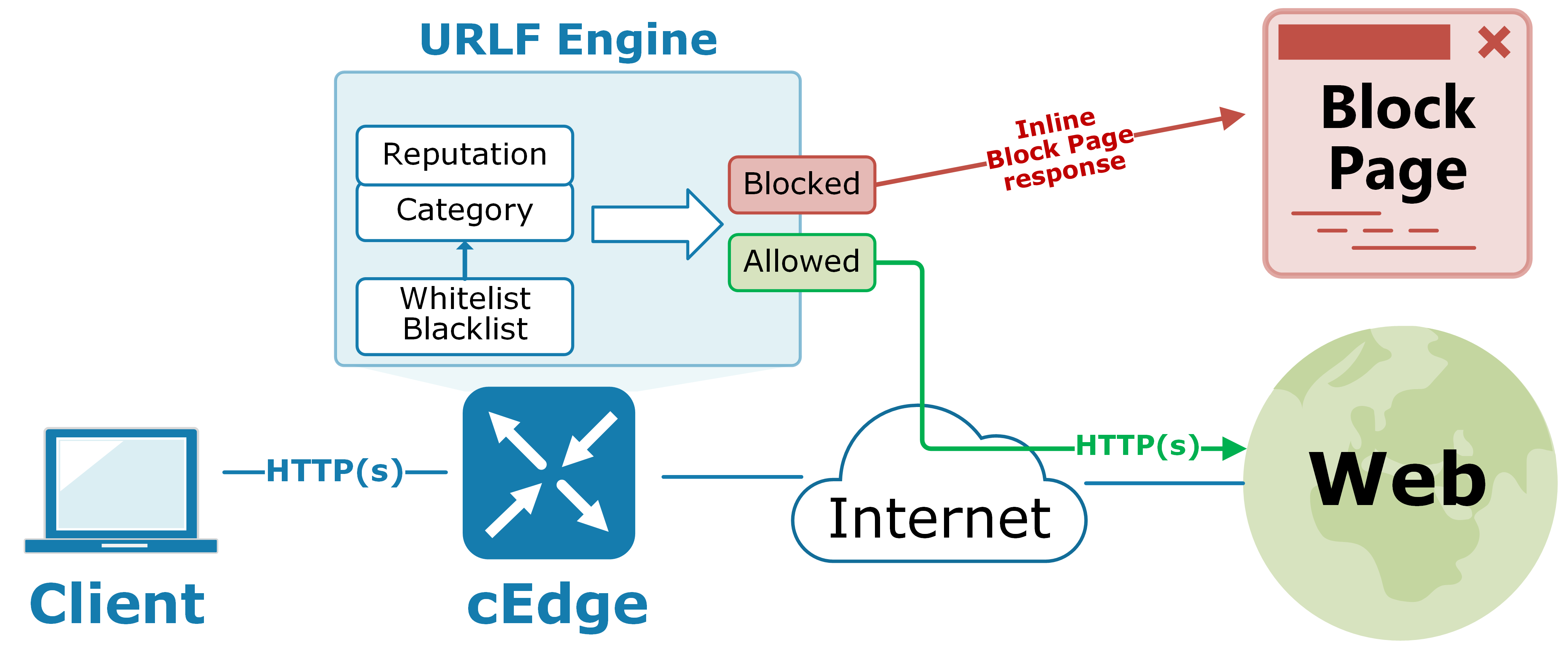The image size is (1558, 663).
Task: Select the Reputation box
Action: (465, 154)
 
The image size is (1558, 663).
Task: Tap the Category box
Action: (465, 211)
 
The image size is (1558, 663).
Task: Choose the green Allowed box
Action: (801, 262)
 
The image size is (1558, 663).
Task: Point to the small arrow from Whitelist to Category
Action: (465, 259)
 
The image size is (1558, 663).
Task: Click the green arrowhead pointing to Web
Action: (1233, 448)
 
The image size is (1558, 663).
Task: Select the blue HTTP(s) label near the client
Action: (334, 471)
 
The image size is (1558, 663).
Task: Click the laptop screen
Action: (121, 484)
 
